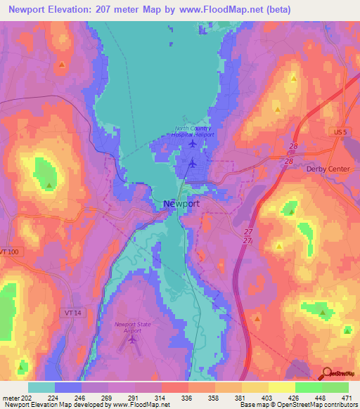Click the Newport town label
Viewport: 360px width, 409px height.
coord(181,204)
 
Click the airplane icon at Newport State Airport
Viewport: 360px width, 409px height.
coord(133,340)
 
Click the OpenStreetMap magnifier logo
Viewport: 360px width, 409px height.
coord(326,373)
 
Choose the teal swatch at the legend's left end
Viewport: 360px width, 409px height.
coord(41,387)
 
